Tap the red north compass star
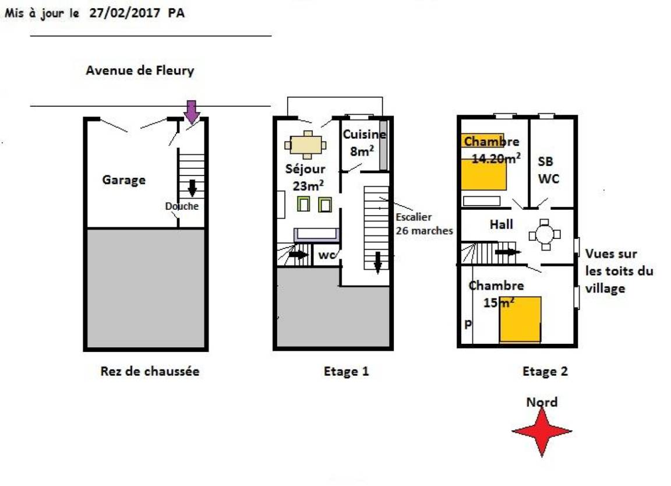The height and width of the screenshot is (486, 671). click(x=542, y=432)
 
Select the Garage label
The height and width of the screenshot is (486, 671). click(x=123, y=180)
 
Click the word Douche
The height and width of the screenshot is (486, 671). click(x=182, y=206)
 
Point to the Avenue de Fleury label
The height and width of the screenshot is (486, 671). click(x=140, y=71)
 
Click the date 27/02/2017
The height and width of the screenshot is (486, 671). click(x=125, y=13)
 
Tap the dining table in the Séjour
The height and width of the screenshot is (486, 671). click(x=308, y=145)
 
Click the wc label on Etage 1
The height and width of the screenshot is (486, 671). click(x=327, y=255)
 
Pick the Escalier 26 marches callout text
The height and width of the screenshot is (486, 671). click(x=424, y=224)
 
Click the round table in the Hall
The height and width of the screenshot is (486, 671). click(x=545, y=235)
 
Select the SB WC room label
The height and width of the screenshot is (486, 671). click(x=548, y=170)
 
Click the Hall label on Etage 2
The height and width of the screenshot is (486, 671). click(x=501, y=224)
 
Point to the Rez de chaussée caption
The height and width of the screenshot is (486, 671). click(x=150, y=371)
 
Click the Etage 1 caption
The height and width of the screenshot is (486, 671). click(x=346, y=371)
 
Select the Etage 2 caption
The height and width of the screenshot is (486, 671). click(x=545, y=371)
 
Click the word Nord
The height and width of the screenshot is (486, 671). click(x=542, y=402)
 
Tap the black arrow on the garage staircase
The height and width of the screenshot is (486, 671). click(x=192, y=188)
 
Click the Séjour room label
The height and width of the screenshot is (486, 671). click(x=305, y=169)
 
